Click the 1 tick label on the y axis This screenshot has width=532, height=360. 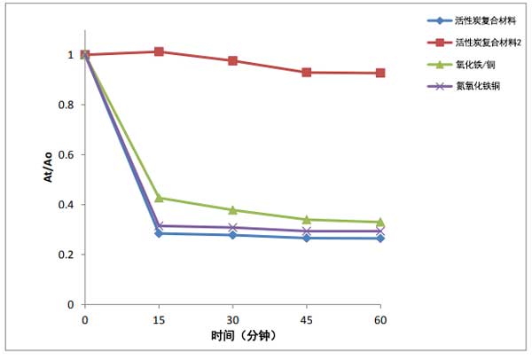[71, 55]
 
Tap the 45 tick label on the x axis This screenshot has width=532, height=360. [307, 317]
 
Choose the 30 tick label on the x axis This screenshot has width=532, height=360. [232, 317]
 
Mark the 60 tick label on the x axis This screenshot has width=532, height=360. [380, 317]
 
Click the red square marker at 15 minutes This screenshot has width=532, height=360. [159, 51]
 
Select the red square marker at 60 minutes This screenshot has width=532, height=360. [380, 73]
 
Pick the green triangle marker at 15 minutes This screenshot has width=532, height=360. [159, 198]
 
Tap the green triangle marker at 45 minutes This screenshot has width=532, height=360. [307, 219]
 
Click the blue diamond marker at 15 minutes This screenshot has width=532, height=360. [159, 233]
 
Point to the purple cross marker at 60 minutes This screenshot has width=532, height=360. [380, 231]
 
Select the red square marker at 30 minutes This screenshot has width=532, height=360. [232, 60]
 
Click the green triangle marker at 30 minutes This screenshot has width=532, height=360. [232, 210]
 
